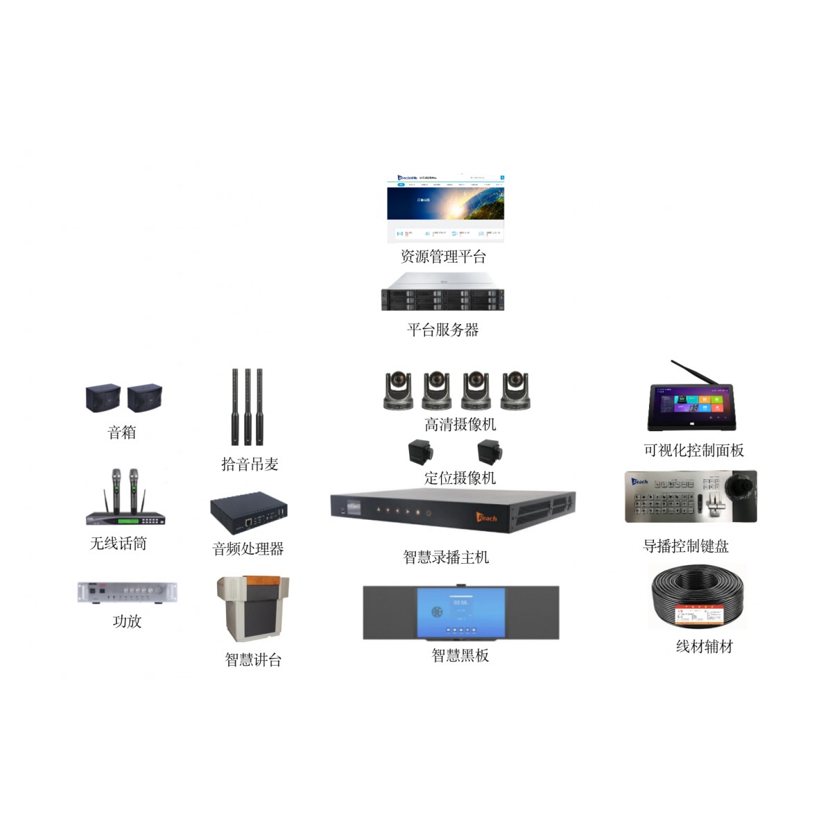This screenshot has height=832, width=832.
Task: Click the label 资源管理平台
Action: pyautogui.click(x=443, y=257)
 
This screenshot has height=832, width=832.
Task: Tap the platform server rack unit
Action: pyautogui.click(x=442, y=292)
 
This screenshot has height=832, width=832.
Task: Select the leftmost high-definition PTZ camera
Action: pyautogui.click(x=399, y=390)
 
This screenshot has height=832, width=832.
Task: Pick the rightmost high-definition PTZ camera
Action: pyautogui.click(x=515, y=390)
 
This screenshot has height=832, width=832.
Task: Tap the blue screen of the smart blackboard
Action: pyautogui.click(x=460, y=612)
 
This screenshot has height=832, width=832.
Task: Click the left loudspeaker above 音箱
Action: pyautogui.click(x=103, y=399)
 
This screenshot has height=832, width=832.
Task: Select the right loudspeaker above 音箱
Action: pyautogui.click(x=144, y=399)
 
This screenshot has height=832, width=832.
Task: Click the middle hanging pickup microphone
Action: pyautogui.click(x=248, y=406)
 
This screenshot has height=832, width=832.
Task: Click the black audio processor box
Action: pyautogui.click(x=249, y=512)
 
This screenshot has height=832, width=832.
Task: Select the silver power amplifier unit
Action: pyautogui.click(x=128, y=592)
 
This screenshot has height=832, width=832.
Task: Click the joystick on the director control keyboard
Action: pyautogui.click(x=745, y=485)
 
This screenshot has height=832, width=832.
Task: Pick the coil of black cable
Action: pyautogui.click(x=697, y=596)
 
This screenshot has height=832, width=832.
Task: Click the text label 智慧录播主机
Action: pyautogui.click(x=446, y=557)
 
